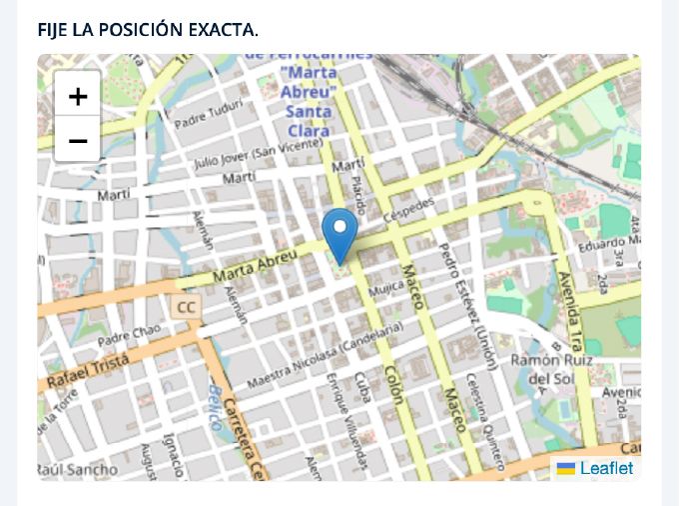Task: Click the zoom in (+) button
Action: pyautogui.click(x=78, y=96)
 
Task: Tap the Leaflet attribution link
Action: pyautogui.click(x=606, y=468)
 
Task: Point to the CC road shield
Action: pyautogui.click(x=186, y=306)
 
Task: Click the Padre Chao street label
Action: pyautogui.click(x=130, y=332)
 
